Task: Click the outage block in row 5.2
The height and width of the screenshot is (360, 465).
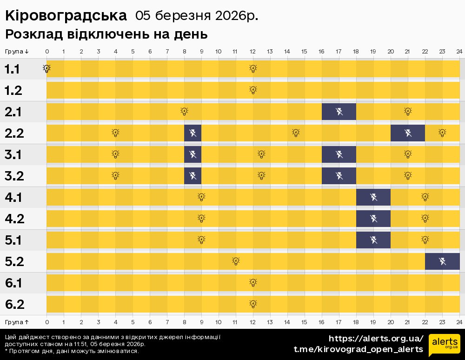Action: (442, 261)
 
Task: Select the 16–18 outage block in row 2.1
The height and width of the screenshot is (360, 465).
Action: (339, 112)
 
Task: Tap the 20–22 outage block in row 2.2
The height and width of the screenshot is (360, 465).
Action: (408, 133)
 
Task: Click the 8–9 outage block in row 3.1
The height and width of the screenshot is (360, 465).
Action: (193, 154)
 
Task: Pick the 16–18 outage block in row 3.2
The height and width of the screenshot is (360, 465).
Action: (339, 176)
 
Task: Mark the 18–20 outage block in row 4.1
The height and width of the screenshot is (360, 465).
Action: (373, 197)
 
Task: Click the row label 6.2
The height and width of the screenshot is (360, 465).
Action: (15, 305)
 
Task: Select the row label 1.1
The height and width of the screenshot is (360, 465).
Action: (12, 69)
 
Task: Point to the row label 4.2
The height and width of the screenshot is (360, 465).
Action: (15, 219)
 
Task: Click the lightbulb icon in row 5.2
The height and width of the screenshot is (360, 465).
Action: (236, 261)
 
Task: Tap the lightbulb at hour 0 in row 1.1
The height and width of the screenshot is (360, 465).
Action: (46, 69)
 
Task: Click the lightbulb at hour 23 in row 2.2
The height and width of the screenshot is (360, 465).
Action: (442, 133)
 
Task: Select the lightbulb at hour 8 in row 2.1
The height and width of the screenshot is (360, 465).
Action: (184, 112)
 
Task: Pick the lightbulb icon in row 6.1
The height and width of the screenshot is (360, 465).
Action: (253, 282)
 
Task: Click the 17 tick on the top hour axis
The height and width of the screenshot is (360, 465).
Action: (339, 51)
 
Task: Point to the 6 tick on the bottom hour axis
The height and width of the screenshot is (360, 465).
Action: (150, 322)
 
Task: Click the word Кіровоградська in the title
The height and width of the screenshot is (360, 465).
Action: (66, 15)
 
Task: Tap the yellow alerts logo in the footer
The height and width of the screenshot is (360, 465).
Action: (444, 345)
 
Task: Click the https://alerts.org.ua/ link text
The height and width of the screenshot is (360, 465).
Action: (376, 338)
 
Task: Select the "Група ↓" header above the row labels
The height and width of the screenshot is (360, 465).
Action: (17, 51)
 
